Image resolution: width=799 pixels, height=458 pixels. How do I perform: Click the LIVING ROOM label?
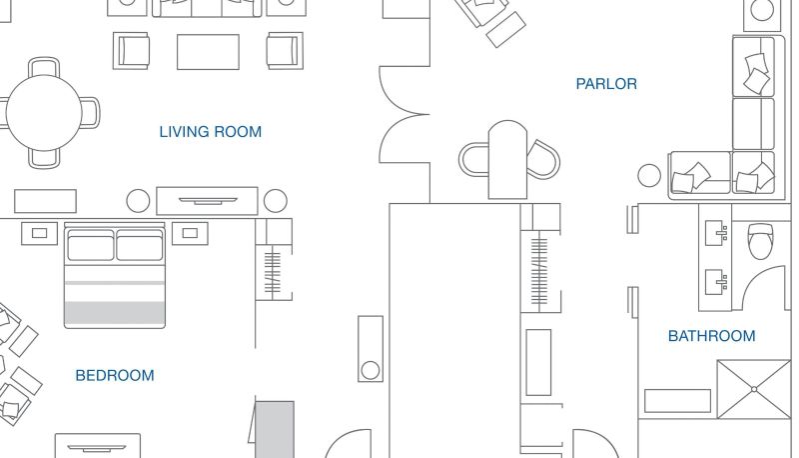211,132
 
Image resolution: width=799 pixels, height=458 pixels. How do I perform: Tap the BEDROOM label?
115,375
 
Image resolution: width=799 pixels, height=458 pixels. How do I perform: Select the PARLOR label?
606,84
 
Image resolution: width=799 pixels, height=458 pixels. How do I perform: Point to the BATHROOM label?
711,336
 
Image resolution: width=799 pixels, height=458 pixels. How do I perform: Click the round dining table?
44,113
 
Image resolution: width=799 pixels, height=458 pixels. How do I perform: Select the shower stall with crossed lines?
754,389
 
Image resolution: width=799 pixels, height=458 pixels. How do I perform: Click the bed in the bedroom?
115,275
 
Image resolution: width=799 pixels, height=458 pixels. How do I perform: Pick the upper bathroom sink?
716,233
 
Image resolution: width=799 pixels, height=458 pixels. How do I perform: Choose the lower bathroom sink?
716,282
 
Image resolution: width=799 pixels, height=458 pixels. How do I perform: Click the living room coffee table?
208,52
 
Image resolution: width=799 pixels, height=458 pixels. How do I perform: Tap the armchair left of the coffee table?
132,50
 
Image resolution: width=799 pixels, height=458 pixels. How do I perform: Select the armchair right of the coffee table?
285,50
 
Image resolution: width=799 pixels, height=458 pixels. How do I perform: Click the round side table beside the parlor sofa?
649,175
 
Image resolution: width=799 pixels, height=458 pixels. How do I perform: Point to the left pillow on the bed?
91,245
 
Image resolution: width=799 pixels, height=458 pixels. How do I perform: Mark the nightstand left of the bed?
39,233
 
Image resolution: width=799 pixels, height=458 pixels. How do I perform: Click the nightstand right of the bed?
190,233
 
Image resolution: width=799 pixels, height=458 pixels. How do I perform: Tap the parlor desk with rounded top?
507,160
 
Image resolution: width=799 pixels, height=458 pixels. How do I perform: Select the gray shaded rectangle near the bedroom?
274,429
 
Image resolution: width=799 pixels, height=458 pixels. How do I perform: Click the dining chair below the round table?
44,158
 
